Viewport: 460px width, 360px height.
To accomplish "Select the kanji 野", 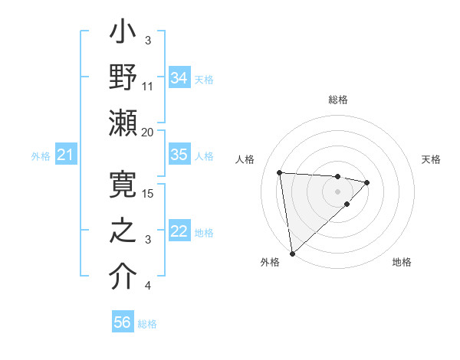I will point(124,79).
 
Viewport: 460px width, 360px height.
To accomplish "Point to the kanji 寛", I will point(124,186).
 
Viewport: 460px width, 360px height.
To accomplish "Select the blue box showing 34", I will point(179,77).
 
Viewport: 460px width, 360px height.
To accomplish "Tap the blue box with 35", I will point(179,155).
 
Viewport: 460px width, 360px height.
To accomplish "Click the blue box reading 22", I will point(179,231).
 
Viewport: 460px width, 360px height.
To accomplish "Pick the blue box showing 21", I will point(66,155).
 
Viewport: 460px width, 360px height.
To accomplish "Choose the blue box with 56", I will point(123,322).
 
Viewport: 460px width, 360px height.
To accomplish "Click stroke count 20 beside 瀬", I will point(148,132).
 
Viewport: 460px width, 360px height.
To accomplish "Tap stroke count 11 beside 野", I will point(148,86).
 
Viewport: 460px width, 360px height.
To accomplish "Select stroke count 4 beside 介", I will point(147,286).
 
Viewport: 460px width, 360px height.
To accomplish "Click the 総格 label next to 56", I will point(147,324).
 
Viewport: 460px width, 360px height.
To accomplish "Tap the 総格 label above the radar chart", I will point(337,100).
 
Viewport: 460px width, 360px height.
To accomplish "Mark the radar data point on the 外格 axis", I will point(292,254).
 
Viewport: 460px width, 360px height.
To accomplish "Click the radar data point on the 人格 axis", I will point(280,172).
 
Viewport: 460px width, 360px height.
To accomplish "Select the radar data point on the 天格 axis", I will point(367,182).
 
